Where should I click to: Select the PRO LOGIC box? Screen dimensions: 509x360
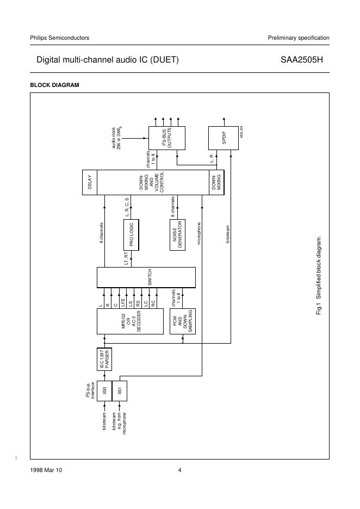pyautogui.click(x=131, y=234)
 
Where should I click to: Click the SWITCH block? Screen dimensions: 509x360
pyautogui.click(x=146, y=277)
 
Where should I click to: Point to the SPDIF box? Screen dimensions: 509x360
pyautogui.click(x=224, y=138)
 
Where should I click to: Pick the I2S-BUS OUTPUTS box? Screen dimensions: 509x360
pyautogui.click(x=166, y=138)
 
